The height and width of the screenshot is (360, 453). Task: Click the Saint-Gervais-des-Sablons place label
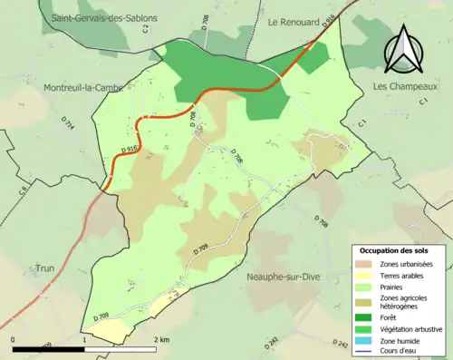click(104, 18)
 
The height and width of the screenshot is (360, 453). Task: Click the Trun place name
click(45, 268)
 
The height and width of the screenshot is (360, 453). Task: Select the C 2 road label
click(145, 30)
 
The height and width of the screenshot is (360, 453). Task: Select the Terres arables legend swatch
click(366, 275)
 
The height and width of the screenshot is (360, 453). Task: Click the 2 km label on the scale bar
click(161, 339)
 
